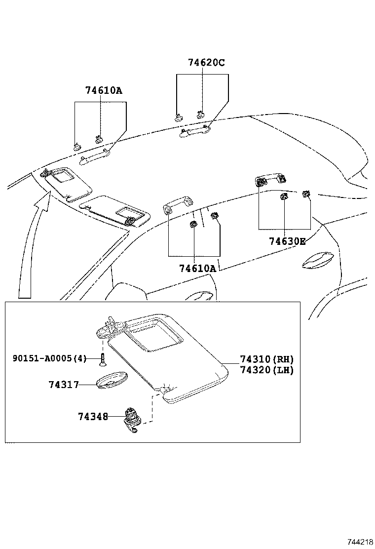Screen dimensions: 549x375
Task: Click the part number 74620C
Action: pos(206,63)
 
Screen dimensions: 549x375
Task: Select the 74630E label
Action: pos(287,241)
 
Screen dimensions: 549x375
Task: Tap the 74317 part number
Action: pos(64,385)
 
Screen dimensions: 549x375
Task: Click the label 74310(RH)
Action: pos(266,359)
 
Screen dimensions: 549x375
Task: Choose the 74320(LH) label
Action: pos(266,370)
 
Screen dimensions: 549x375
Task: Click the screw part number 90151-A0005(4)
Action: pos(49,358)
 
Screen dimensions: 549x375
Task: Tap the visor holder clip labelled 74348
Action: pos(132,420)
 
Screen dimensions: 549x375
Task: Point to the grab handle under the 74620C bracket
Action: pos(195,131)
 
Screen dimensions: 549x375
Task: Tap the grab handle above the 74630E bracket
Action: pos(270,180)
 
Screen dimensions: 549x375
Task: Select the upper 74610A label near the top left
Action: pos(103,90)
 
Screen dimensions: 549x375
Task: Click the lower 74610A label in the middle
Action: pos(197,269)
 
